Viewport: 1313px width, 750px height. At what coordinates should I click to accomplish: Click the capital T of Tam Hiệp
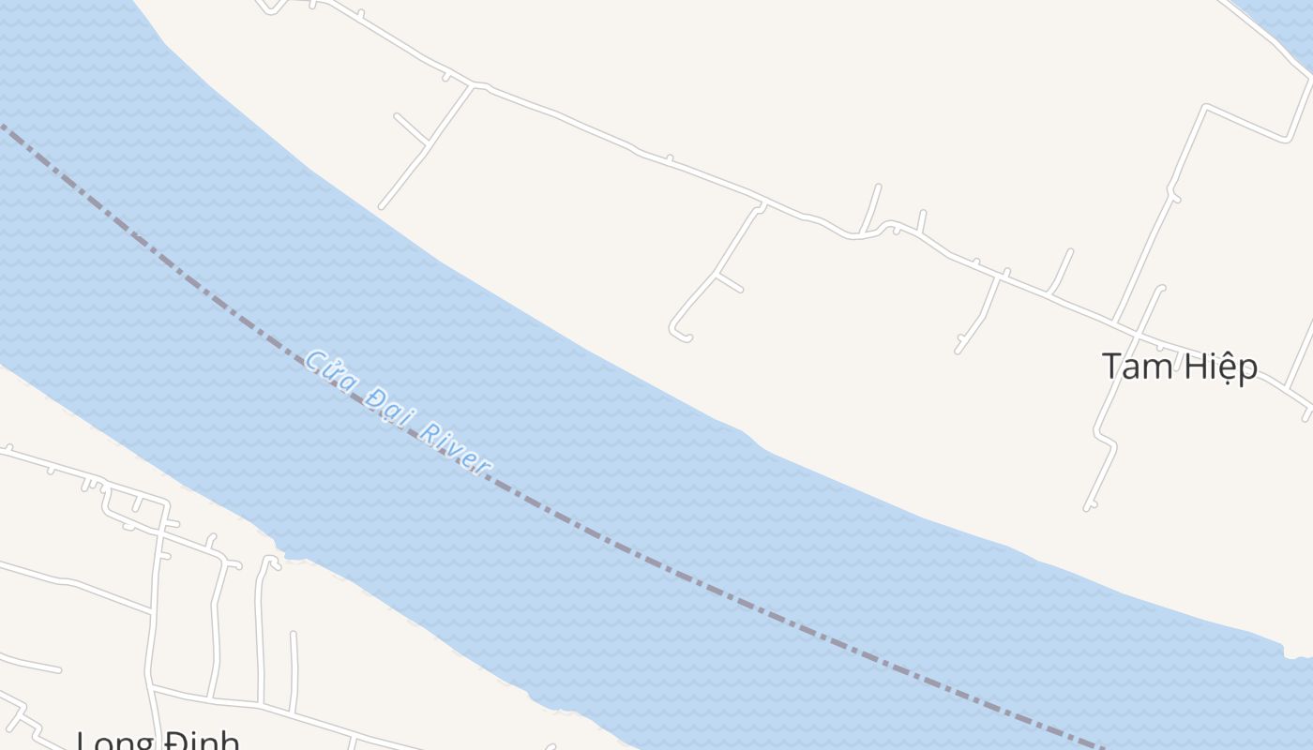coord(1111,367)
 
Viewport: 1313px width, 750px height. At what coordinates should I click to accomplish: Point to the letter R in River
coord(427,432)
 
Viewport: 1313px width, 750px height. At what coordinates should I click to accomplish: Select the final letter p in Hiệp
coord(1248,369)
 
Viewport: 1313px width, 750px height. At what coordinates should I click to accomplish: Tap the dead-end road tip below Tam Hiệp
coord(1088,507)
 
